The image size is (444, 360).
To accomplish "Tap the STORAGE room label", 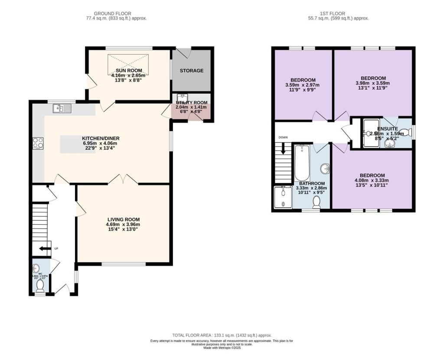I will pos(191,71).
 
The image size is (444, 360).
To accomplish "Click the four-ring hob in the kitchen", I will pos(38,143).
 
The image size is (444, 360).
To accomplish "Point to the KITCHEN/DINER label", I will pos(101,138).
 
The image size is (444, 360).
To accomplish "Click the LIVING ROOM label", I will pos(124,219).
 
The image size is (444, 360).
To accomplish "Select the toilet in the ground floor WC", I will pos(40,285).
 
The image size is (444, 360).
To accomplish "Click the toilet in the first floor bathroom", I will pos(317,202).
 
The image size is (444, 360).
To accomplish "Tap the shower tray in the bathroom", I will pos(282,197).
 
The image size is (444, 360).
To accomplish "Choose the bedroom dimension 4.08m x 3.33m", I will pos(372,180).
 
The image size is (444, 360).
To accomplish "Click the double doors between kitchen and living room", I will pos(123,180).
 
